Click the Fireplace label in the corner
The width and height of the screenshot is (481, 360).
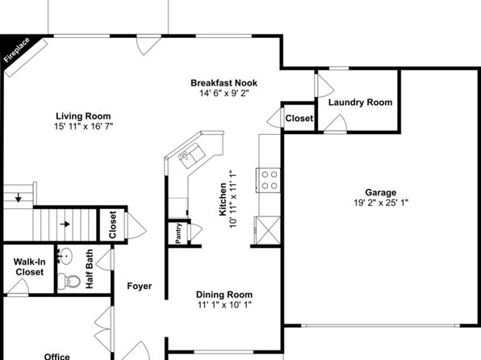17,50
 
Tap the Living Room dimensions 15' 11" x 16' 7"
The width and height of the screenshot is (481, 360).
83,126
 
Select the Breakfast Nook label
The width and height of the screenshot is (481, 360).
224,83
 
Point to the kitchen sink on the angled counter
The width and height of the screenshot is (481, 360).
191,155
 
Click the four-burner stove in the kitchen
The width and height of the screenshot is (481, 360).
269,180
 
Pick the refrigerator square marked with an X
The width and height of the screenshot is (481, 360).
267,231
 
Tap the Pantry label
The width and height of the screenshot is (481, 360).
178,233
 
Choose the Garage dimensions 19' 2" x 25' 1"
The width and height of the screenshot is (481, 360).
381,203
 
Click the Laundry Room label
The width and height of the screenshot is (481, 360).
360,103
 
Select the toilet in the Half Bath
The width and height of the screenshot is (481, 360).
69,281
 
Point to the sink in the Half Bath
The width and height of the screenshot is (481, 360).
65,256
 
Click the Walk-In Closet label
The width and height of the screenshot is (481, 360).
29,266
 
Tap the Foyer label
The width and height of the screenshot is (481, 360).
140,286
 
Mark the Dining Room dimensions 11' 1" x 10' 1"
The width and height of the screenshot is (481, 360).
224,305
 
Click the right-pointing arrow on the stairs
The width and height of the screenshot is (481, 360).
65,224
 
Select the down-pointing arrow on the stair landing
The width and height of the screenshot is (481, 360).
19,197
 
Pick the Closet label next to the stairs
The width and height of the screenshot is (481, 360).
112,224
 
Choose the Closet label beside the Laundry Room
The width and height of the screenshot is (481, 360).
299,118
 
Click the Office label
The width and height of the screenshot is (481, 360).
56,356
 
